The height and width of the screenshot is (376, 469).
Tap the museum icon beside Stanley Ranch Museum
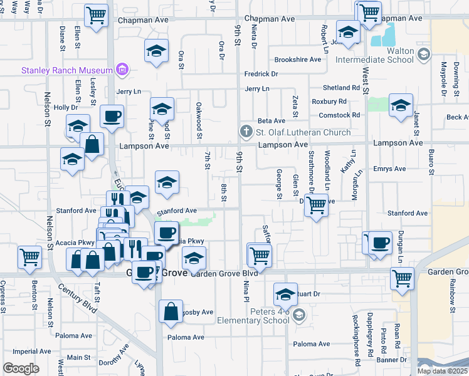(x=122, y=70)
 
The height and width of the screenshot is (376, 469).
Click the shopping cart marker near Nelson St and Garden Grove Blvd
(x=30, y=257)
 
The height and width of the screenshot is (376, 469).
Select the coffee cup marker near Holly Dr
(x=112, y=116)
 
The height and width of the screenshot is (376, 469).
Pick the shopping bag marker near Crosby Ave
(x=171, y=311)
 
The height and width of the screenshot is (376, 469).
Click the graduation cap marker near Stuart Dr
(x=285, y=294)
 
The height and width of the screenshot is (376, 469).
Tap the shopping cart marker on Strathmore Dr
(x=317, y=204)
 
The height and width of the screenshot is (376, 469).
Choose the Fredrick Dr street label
(x=261, y=74)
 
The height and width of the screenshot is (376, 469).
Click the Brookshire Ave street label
(x=298, y=60)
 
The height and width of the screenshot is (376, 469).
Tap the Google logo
(x=21, y=368)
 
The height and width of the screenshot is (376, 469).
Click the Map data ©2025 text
(x=441, y=371)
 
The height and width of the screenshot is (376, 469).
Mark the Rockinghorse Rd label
(x=356, y=348)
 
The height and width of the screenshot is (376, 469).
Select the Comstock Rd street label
(x=339, y=115)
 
